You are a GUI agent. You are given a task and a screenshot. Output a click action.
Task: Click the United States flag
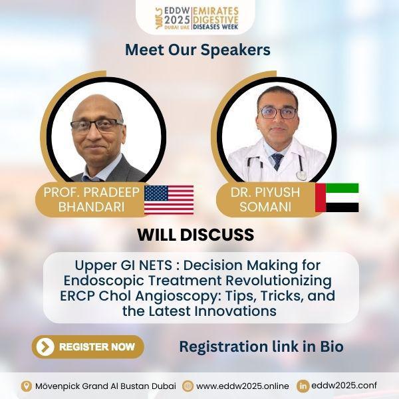[x=169, y=200]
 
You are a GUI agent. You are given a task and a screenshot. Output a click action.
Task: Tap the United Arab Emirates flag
[x=337, y=198]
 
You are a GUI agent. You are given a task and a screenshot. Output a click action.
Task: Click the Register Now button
[x=88, y=346]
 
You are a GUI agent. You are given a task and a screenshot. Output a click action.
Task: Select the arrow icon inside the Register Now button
[x=45, y=347]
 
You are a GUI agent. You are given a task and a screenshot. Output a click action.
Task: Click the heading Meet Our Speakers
[x=198, y=50]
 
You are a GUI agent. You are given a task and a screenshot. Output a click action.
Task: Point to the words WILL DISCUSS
[x=196, y=234]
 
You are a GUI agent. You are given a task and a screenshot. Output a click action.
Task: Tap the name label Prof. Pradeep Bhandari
[x=91, y=199]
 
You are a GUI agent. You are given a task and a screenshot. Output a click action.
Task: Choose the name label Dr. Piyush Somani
[x=265, y=199]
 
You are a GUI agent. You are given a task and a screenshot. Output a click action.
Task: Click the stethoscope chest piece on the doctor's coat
[x=301, y=176]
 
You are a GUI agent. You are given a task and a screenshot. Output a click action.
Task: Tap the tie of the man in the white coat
[x=277, y=162]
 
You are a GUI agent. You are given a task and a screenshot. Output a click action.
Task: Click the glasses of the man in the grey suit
[x=96, y=126]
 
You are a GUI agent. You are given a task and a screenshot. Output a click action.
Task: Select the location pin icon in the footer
[x=26, y=386]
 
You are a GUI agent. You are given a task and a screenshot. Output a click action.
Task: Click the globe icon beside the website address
[x=188, y=386]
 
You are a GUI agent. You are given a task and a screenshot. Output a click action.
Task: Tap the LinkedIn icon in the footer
[x=303, y=386]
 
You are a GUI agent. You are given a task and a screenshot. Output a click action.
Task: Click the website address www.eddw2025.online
[x=243, y=386]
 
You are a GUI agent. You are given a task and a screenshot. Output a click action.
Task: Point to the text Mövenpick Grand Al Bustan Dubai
[x=106, y=386]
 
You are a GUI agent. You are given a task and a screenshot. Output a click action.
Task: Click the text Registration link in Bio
[x=261, y=346]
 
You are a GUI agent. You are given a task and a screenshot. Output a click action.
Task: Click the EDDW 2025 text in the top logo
[x=177, y=18]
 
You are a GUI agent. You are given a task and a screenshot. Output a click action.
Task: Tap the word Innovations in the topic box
[x=237, y=311]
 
